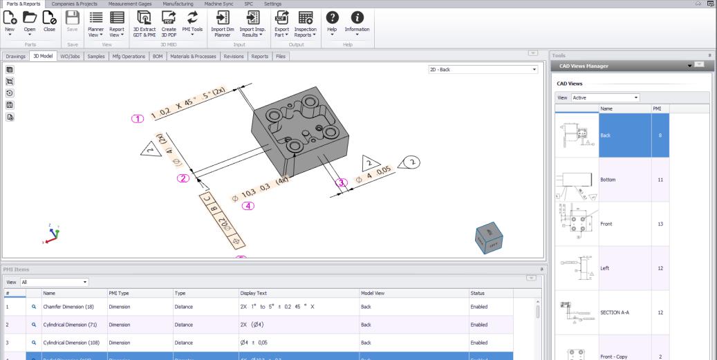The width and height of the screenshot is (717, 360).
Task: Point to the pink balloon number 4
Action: (247, 205)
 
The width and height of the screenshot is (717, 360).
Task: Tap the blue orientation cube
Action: (489, 237)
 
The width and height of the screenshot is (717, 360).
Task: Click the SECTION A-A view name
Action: (615, 312)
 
